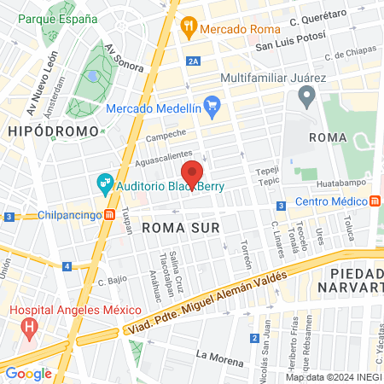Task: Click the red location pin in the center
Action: coord(192,174)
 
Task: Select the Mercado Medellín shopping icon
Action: coord(213,108)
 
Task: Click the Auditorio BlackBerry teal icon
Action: coord(105,183)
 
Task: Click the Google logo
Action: coord(28,373)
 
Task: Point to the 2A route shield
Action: coord(194,61)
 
